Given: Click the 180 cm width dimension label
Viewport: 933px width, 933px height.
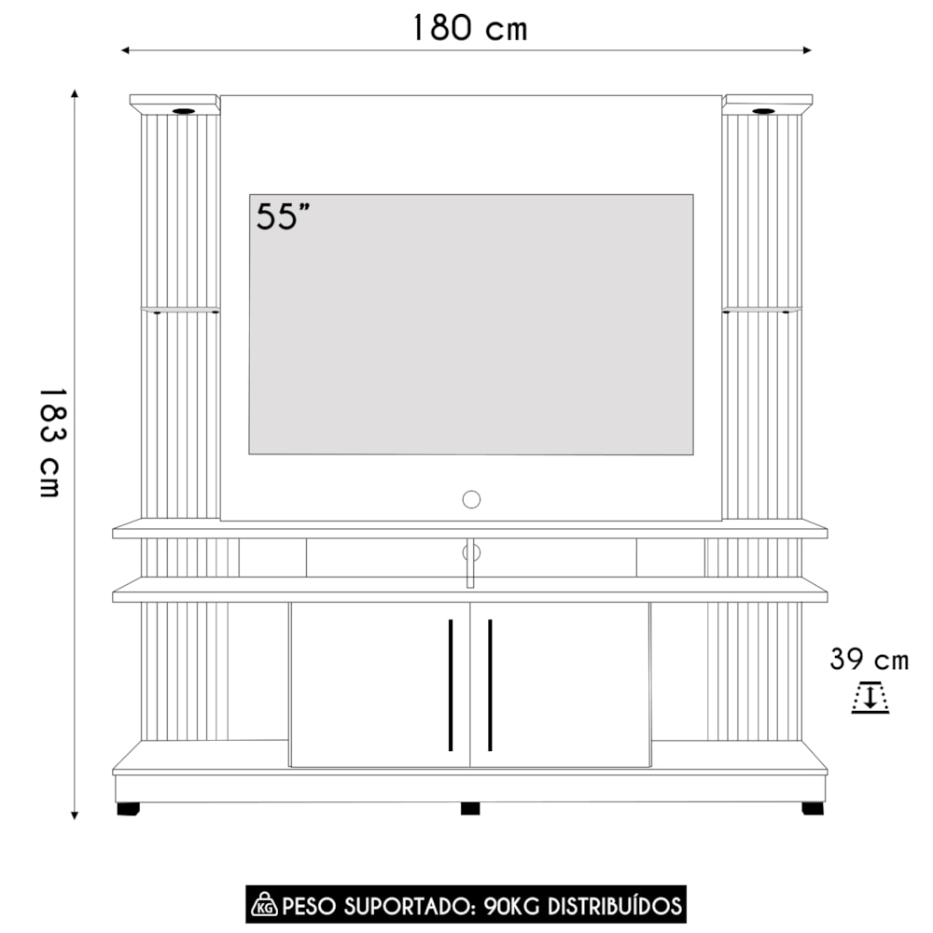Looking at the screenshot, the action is point(470,28).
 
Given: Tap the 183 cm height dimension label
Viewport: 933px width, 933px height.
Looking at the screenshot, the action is point(51,442).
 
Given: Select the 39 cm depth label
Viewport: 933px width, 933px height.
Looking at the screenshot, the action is point(870,660).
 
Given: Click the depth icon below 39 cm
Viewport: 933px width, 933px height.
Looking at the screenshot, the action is point(870,697).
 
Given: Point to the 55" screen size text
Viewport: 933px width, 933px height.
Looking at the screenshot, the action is point(284,216).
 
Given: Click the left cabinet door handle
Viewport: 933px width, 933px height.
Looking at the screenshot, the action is point(451,685).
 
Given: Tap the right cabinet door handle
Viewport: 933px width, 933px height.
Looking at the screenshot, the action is point(490,685).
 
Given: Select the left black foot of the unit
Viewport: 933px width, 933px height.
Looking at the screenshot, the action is point(128,809).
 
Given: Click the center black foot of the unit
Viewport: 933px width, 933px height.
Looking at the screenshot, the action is point(470,809).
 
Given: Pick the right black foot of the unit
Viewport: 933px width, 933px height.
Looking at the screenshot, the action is point(813,809).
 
